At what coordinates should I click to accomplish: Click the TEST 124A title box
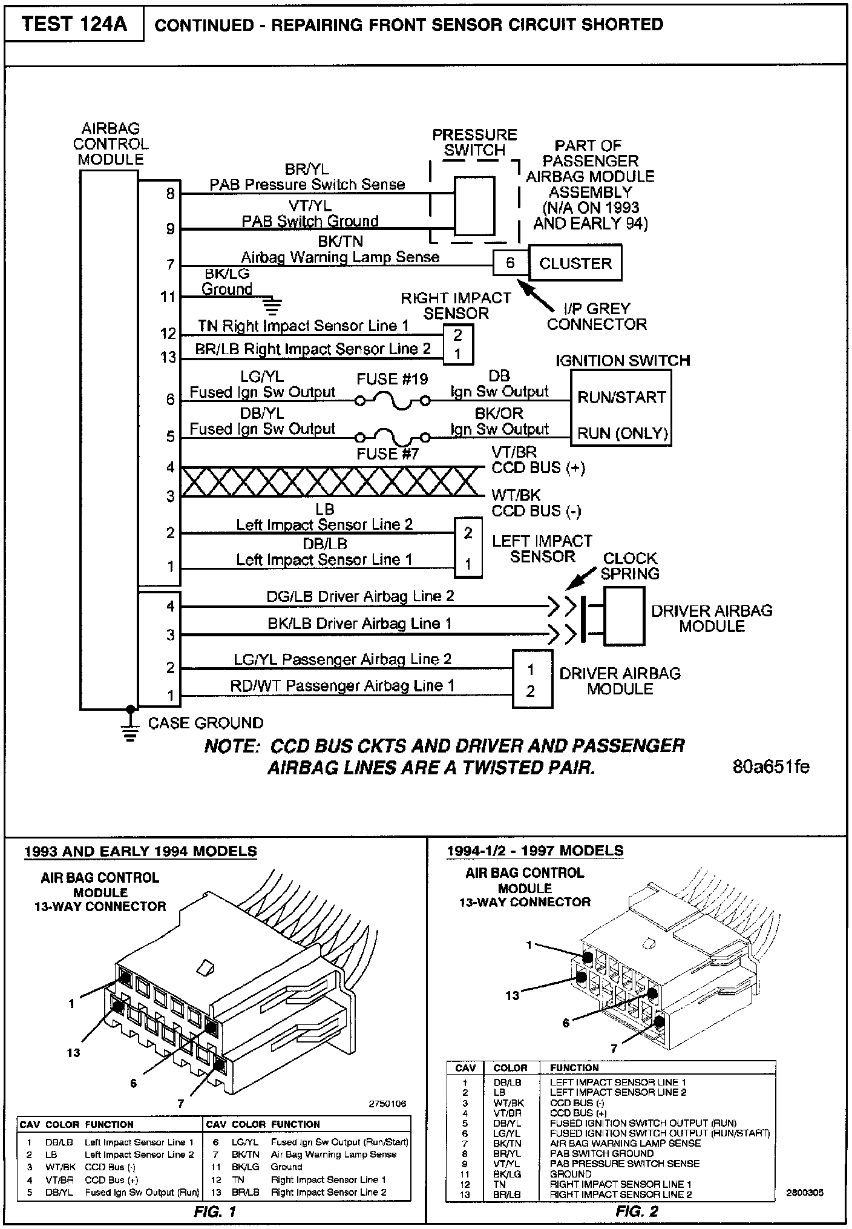point(74,24)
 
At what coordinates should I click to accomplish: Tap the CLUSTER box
point(575,263)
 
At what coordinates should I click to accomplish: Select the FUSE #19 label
point(392,380)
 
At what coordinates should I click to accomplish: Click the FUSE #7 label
point(387,454)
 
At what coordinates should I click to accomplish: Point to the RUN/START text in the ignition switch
point(621,398)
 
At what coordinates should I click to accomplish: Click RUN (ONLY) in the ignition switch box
point(622,433)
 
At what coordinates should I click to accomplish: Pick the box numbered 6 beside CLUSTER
point(510,263)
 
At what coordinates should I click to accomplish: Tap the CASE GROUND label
point(206,723)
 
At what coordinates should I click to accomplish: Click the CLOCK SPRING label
point(630,565)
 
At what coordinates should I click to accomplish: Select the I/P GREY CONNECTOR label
point(597,317)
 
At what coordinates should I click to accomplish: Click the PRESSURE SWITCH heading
point(474,142)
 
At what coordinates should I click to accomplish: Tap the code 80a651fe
point(770,767)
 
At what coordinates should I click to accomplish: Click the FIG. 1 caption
point(215,1211)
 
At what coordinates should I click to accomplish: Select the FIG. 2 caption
point(637,1211)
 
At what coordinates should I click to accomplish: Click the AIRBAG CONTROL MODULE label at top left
point(111,144)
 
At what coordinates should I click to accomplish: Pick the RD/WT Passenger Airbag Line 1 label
point(342,686)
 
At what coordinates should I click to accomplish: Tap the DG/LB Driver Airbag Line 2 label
point(360,596)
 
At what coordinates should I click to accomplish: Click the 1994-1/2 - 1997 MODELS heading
point(535,851)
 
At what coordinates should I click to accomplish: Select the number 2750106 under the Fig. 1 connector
point(387,1104)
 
